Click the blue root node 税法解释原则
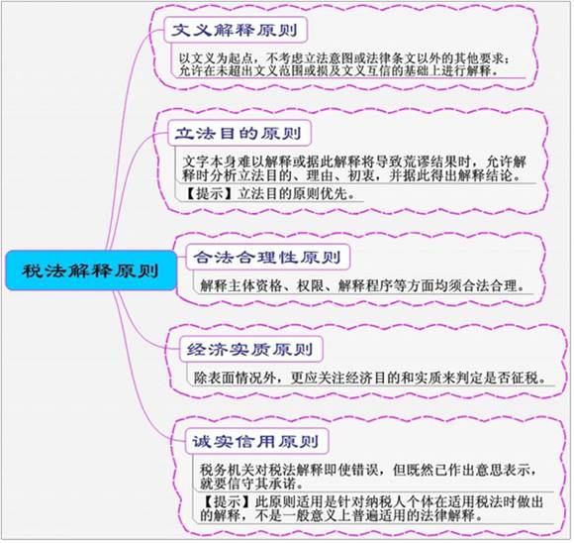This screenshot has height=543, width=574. pos(91,271)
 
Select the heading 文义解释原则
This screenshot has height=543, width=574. pos(235,30)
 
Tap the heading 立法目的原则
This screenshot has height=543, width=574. pos(239,133)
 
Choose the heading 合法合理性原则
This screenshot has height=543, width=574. pos(267,258)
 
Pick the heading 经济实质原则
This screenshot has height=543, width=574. pos(250,350)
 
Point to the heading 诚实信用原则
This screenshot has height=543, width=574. pos(255,442)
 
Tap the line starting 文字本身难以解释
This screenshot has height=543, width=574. pos(354,162)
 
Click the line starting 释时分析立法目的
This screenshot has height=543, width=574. pos(351,176)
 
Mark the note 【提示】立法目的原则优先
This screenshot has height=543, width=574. pos(269,193)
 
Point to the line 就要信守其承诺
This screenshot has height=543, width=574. pos(251,484)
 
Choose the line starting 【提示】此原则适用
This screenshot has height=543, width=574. pos(371,501)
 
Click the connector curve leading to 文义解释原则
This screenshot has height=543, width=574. pos(127,110)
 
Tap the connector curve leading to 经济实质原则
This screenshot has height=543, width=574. pos(141,323)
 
